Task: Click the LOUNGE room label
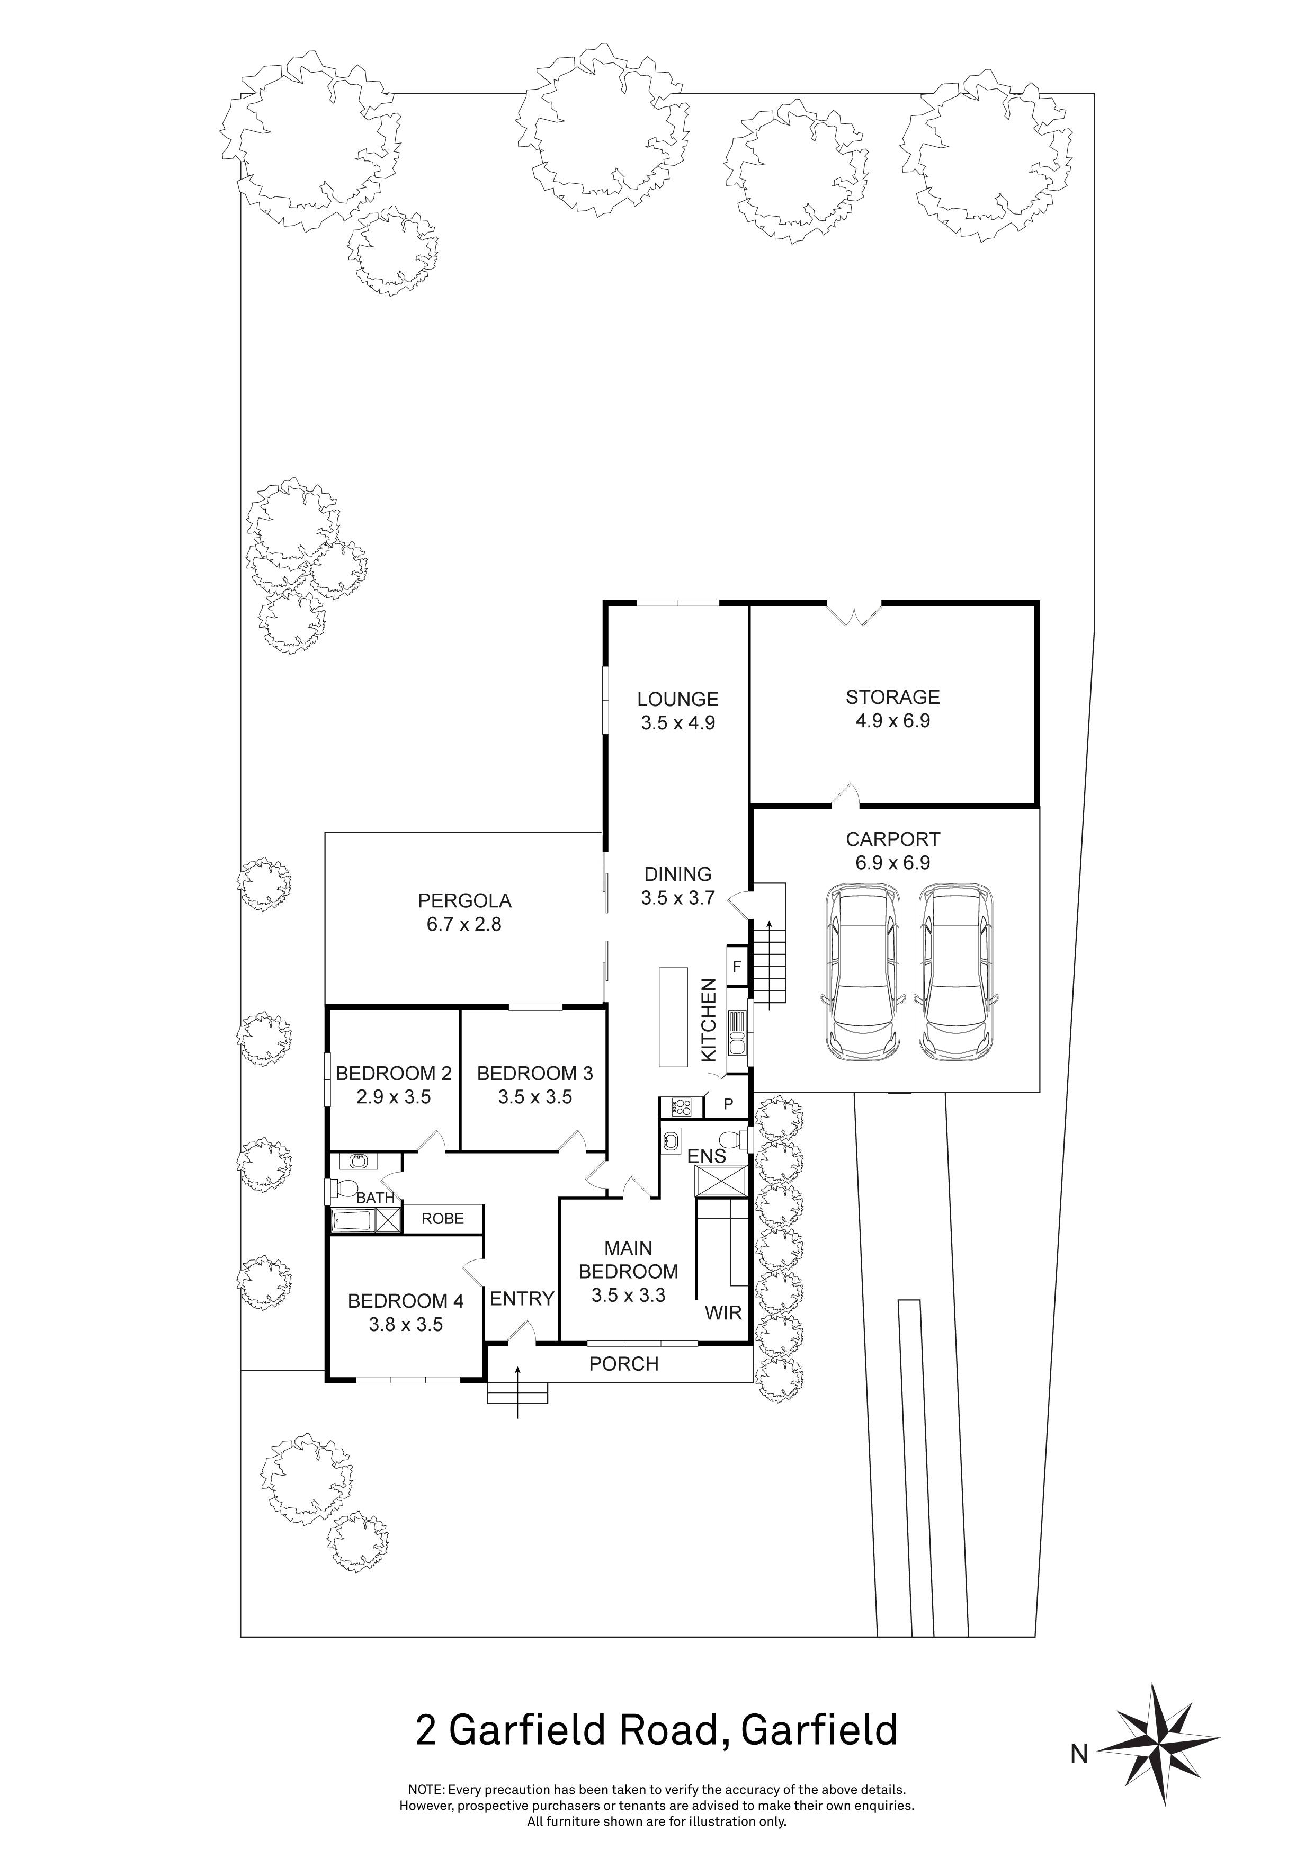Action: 677,699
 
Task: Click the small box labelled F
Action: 736,966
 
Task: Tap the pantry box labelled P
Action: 727,1104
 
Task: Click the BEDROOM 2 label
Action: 393,1074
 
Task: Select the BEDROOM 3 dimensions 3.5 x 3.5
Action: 535,1097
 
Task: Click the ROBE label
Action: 443,1219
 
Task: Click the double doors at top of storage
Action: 854,613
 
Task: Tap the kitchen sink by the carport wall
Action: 737,1033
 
